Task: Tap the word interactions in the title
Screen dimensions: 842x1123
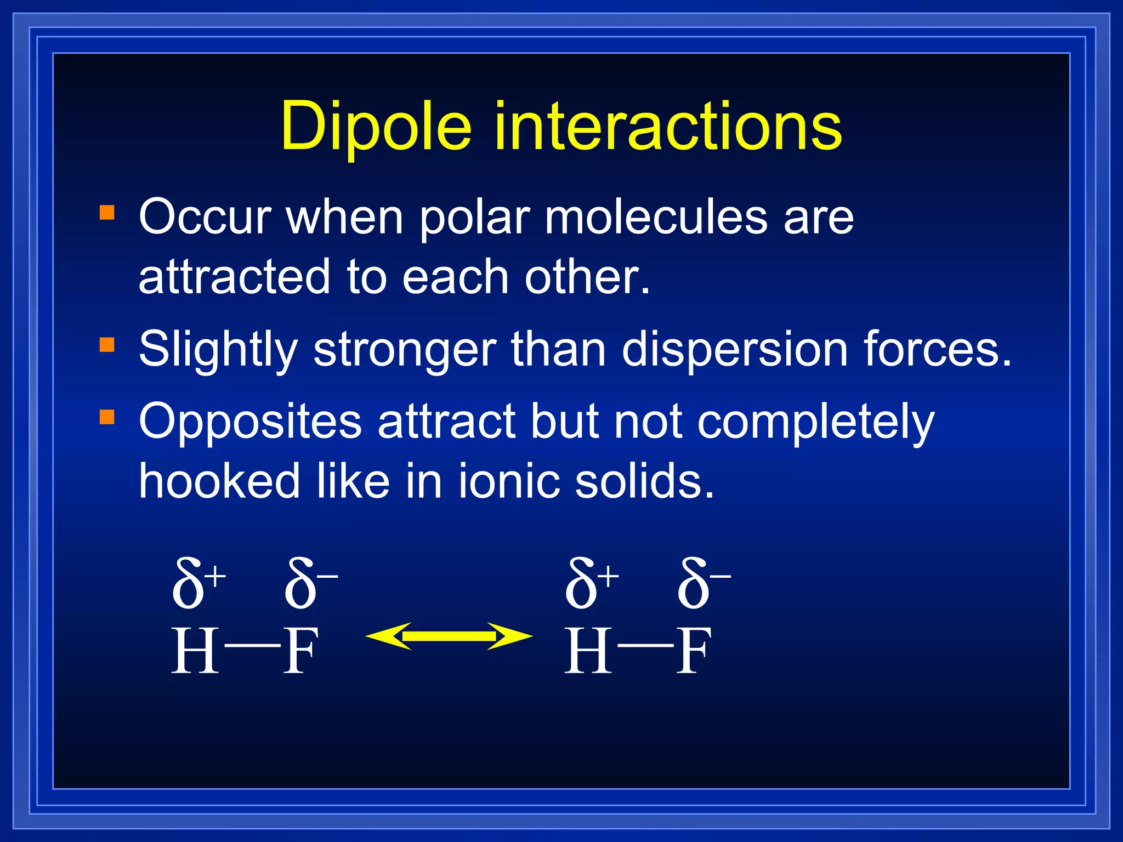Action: click(668, 127)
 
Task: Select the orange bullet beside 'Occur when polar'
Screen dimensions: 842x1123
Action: click(107, 213)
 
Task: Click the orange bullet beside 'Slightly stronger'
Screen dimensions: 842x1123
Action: click(107, 345)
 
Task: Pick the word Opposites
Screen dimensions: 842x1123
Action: click(250, 422)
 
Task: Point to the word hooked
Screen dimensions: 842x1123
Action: click(219, 481)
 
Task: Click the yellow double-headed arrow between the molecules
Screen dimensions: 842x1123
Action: click(449, 636)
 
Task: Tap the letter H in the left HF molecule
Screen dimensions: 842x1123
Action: click(195, 651)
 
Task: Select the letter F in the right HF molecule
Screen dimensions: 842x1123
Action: click(694, 651)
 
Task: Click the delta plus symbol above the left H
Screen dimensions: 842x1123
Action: click(197, 584)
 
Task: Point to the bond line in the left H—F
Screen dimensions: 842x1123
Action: click(252, 645)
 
